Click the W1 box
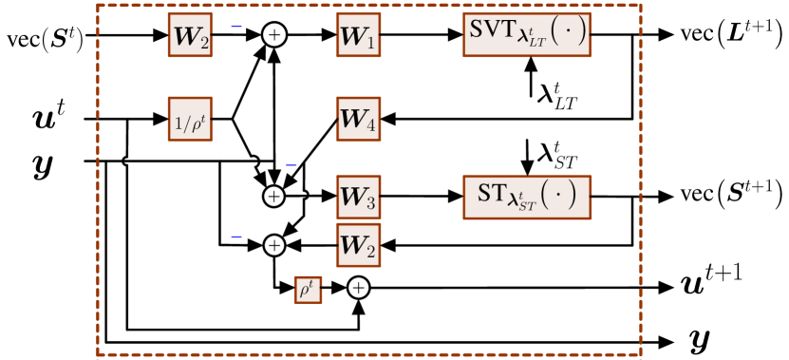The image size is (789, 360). pos(358,35)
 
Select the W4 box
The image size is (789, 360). pos(358,119)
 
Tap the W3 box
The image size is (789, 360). pos(358,198)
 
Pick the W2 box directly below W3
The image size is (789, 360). pos(358,245)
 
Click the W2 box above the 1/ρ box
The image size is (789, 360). pos(190,35)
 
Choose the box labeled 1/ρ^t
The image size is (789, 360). pos(190,119)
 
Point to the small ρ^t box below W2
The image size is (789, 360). pos(308,290)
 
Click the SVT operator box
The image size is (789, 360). pos(526,35)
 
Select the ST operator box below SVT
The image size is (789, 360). pos(526,198)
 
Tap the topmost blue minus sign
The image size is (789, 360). pos(236,27)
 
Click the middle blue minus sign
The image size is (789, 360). pos(291,165)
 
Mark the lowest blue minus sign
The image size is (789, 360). pos(236,237)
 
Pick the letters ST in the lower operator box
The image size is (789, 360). pos(492,193)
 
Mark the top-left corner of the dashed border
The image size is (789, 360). pos(99,5)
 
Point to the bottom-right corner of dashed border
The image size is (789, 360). pos(641,354)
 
